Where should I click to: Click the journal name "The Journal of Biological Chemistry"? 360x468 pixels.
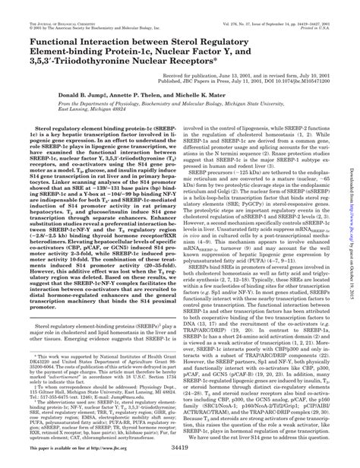(x=48, y=7)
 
